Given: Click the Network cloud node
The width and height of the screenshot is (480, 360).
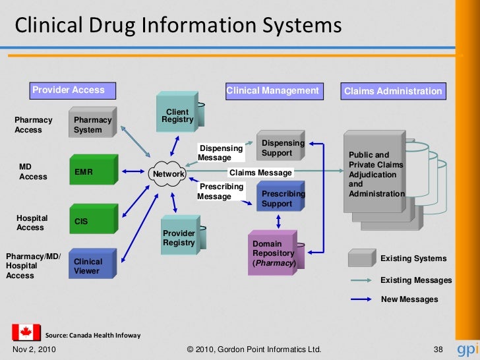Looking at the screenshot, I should (x=169, y=174).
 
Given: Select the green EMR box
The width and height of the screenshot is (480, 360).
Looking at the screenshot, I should (x=92, y=171).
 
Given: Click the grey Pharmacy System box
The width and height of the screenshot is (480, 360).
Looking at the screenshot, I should (x=92, y=123).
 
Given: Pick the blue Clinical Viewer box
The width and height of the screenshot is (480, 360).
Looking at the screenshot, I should (x=92, y=266).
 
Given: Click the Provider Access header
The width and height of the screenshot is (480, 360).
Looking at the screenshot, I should (x=69, y=90).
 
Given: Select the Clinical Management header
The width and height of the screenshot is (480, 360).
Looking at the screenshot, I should (x=272, y=90).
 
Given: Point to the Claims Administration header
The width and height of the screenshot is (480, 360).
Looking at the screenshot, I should (x=392, y=91).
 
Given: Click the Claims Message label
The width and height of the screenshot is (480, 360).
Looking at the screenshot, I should (x=260, y=173).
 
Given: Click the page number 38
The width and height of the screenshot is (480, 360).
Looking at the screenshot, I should (x=438, y=349).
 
